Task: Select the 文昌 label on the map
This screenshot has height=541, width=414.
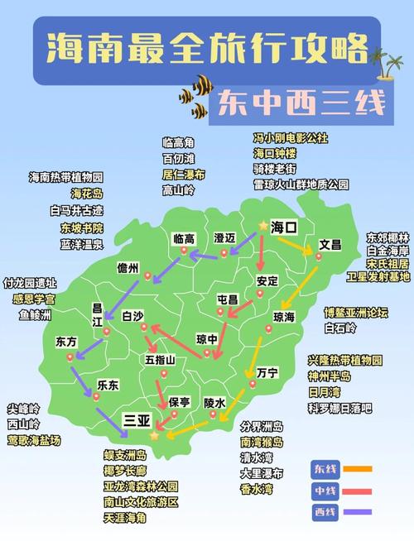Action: (x=330, y=245)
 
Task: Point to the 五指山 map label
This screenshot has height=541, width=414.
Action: (x=160, y=360)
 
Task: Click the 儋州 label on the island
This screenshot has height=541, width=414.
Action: (x=128, y=267)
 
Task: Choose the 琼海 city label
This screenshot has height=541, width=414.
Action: (x=283, y=317)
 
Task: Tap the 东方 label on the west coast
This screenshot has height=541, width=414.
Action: (x=65, y=341)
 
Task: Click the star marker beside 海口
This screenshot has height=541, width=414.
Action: (x=263, y=225)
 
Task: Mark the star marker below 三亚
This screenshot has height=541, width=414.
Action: (x=154, y=435)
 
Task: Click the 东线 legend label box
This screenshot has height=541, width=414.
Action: (x=324, y=469)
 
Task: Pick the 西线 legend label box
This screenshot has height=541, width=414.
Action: (x=324, y=513)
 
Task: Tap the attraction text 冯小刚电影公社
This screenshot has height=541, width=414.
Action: (x=290, y=137)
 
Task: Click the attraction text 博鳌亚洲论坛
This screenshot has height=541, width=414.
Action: (x=355, y=312)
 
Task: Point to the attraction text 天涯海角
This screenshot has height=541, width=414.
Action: (x=124, y=518)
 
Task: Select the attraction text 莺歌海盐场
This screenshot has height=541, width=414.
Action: (x=34, y=441)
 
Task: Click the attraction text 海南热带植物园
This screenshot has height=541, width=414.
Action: (x=65, y=177)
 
